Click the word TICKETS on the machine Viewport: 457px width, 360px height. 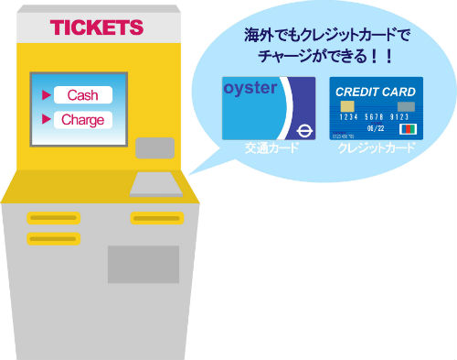pos(97,27)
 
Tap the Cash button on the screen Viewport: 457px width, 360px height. pos(82,94)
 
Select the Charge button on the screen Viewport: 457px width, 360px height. pos(82,119)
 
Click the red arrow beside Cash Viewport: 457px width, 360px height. pos(44,94)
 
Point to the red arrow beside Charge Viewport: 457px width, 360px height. pos(44,119)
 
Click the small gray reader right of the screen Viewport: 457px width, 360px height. pos(154,147)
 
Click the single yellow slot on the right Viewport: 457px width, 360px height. pos(156,218)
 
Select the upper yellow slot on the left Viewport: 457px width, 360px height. pos(52,218)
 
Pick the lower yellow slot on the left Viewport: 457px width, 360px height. pos(52,238)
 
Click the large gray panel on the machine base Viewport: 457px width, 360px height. pos(143,264)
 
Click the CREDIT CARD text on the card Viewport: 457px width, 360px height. pos(375,92)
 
